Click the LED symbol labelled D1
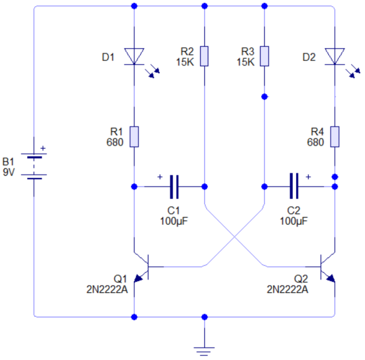133,56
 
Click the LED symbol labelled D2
334,56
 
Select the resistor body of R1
133,136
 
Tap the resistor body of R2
204,56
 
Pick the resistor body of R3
264,56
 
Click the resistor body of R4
334,136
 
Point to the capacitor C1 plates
174,186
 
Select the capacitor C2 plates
294,186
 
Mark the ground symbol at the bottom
205,347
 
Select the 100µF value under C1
174,221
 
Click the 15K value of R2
186,61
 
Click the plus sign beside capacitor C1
160,177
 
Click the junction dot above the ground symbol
205,316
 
